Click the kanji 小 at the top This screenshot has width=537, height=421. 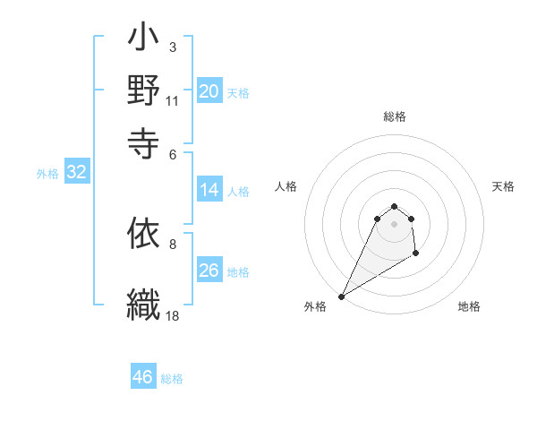pos(144,41)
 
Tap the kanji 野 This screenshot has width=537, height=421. pos(144,90)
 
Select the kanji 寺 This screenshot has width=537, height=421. pos(144,140)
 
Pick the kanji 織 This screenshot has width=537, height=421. pos(144,302)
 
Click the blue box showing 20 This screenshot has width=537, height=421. pos(209,91)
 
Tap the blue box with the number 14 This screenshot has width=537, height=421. pos(209,190)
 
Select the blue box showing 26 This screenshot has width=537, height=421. pos(209,271)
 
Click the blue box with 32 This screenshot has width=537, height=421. pos(77,173)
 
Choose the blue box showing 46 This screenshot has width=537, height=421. pos(143,377)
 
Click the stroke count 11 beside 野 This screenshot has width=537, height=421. pos(173,101)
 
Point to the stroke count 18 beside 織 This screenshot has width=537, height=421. pos(173,315)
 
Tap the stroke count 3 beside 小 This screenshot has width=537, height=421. pos(172,47)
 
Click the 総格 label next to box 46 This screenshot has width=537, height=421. pos(172,379)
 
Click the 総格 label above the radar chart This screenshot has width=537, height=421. pos(395,116)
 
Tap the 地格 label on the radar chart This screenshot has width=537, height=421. pos(469,306)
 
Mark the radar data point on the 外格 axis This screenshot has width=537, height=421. pos(341,296)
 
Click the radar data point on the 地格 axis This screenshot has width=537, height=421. pos(416,254)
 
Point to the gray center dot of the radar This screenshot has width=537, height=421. pos(394,224)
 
